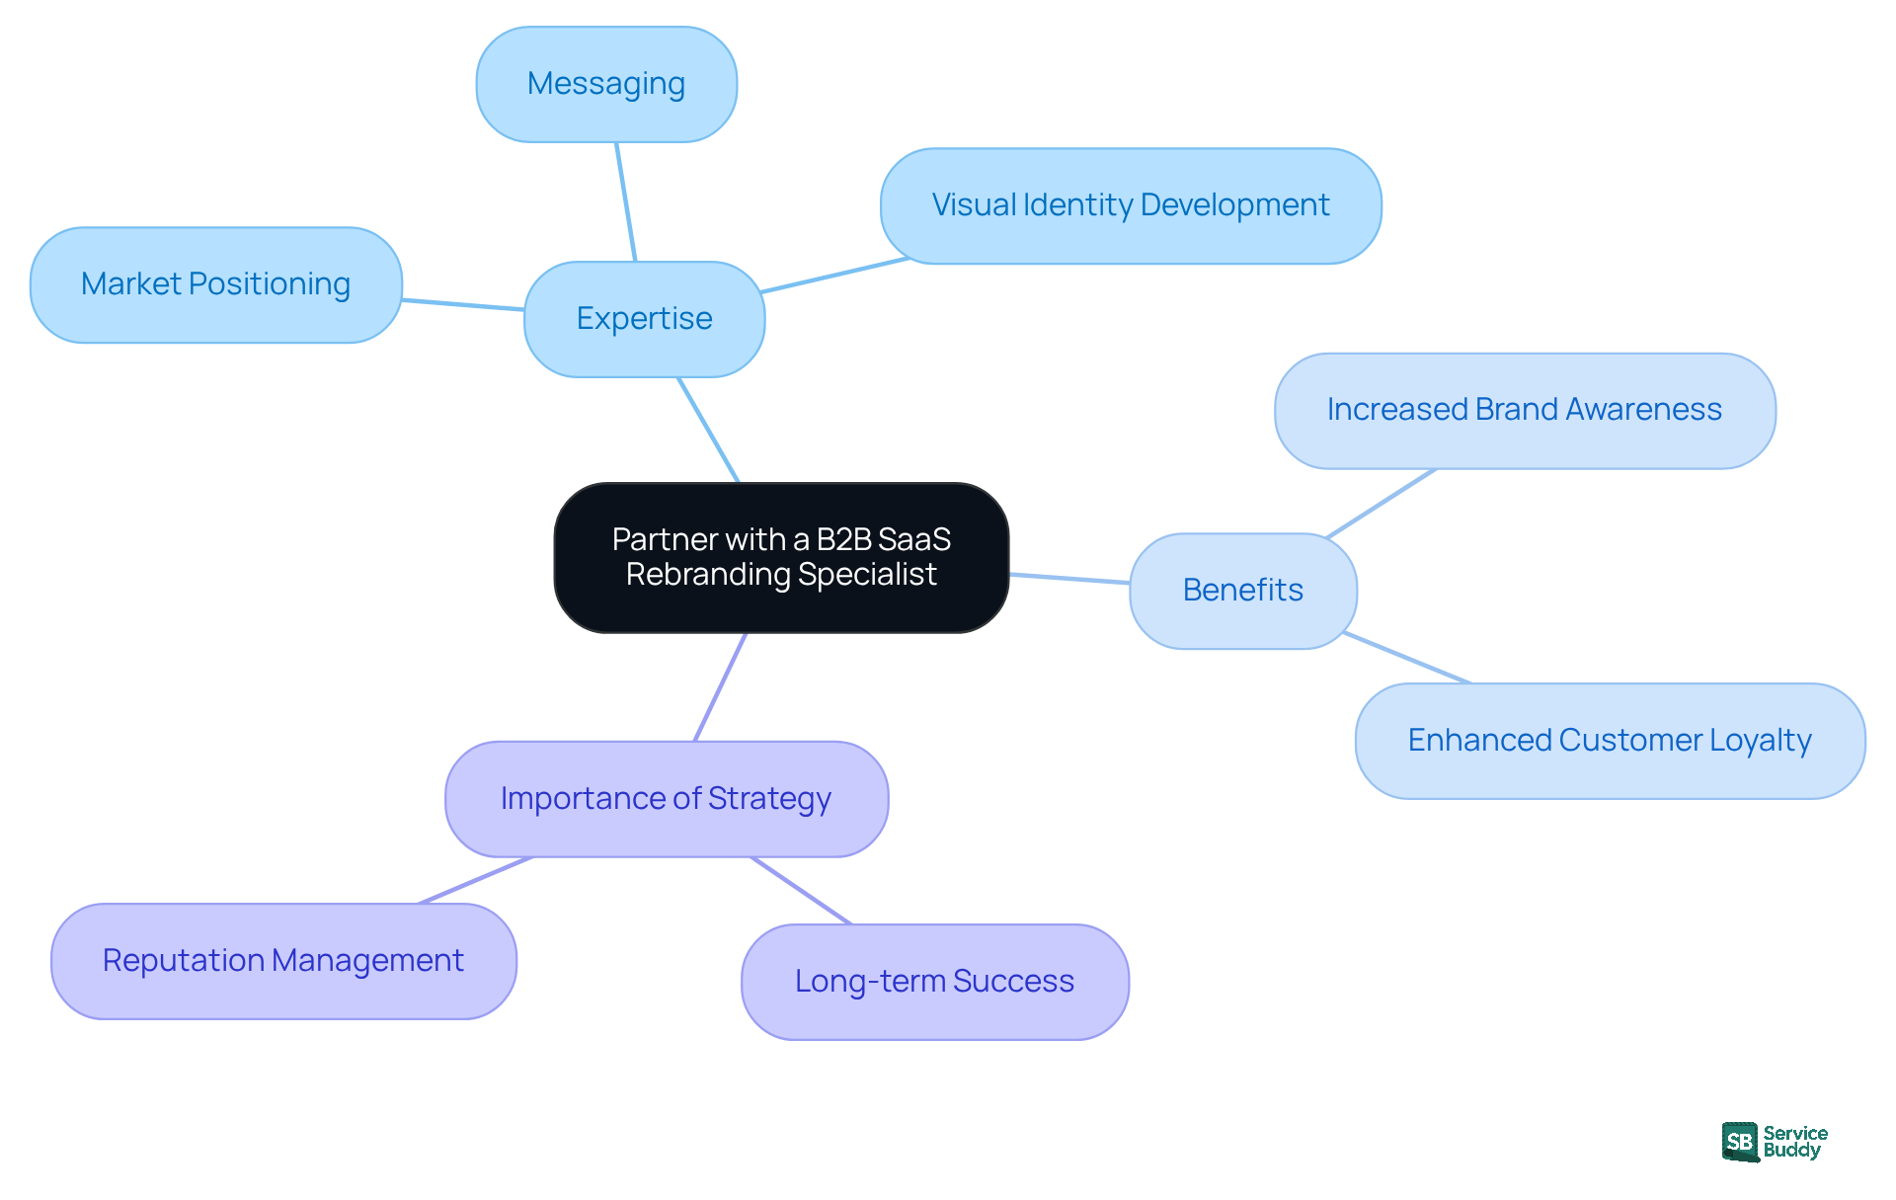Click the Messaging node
click(606, 84)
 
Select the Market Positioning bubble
click(215, 284)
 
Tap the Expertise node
click(644, 318)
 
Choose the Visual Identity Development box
click(1130, 205)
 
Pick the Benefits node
click(1242, 590)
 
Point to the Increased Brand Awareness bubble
click(1524, 410)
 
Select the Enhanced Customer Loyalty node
click(1609, 740)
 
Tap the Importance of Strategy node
click(666, 798)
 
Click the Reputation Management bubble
click(283, 960)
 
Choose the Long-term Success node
click(934, 981)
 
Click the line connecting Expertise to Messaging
click(626, 201)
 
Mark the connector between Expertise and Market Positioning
click(462, 304)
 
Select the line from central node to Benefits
click(1069, 578)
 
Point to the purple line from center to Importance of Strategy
click(720, 687)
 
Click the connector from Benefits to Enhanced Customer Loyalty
click(1406, 657)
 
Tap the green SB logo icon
click(1740, 1142)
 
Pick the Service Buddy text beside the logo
click(1794, 1142)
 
